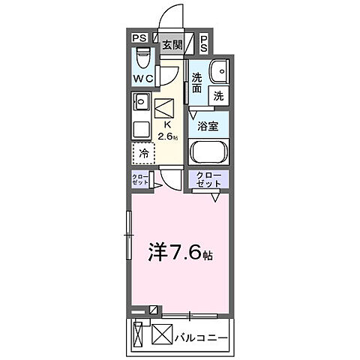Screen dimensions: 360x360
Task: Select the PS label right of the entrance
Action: pos(205,43)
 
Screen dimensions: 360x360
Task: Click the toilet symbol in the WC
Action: pos(144,59)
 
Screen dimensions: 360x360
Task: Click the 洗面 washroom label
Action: pos(197,82)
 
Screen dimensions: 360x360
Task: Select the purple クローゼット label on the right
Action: pos(208,180)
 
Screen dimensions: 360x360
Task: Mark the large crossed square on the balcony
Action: pos(162,334)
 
